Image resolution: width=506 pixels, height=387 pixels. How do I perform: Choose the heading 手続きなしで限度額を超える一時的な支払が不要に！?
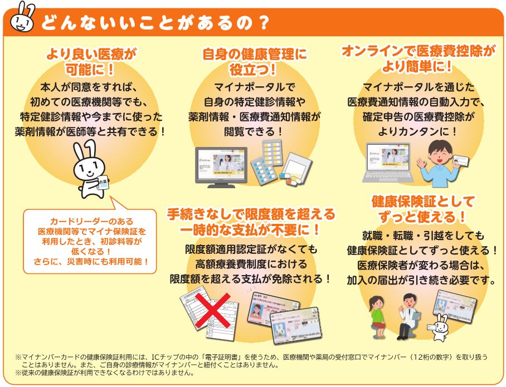[x=251, y=222]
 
